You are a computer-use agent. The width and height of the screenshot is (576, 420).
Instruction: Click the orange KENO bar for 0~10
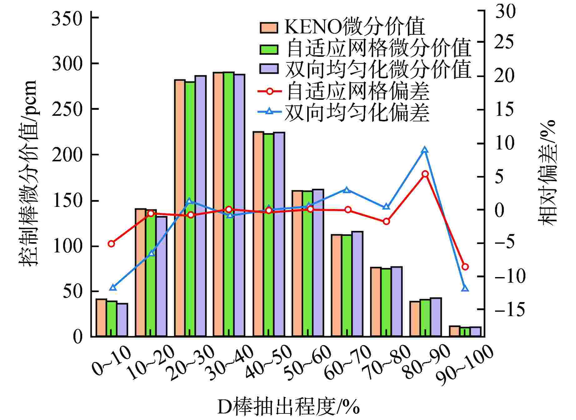point(101,318)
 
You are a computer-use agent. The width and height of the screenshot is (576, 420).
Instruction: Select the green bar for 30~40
point(229,204)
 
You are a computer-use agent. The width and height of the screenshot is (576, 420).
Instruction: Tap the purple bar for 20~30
point(200,206)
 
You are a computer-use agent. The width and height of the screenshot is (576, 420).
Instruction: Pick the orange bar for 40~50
point(258,234)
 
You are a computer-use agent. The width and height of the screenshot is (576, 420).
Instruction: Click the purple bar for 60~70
point(357,284)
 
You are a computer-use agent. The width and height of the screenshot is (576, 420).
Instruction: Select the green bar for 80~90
point(425,318)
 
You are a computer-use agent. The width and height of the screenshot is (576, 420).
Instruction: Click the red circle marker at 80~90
point(425,174)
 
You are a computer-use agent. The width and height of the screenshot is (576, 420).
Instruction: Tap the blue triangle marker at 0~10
point(113,287)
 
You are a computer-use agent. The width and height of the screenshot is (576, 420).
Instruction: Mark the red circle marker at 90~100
point(465,267)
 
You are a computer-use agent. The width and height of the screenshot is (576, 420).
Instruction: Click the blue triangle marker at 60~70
point(346,190)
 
